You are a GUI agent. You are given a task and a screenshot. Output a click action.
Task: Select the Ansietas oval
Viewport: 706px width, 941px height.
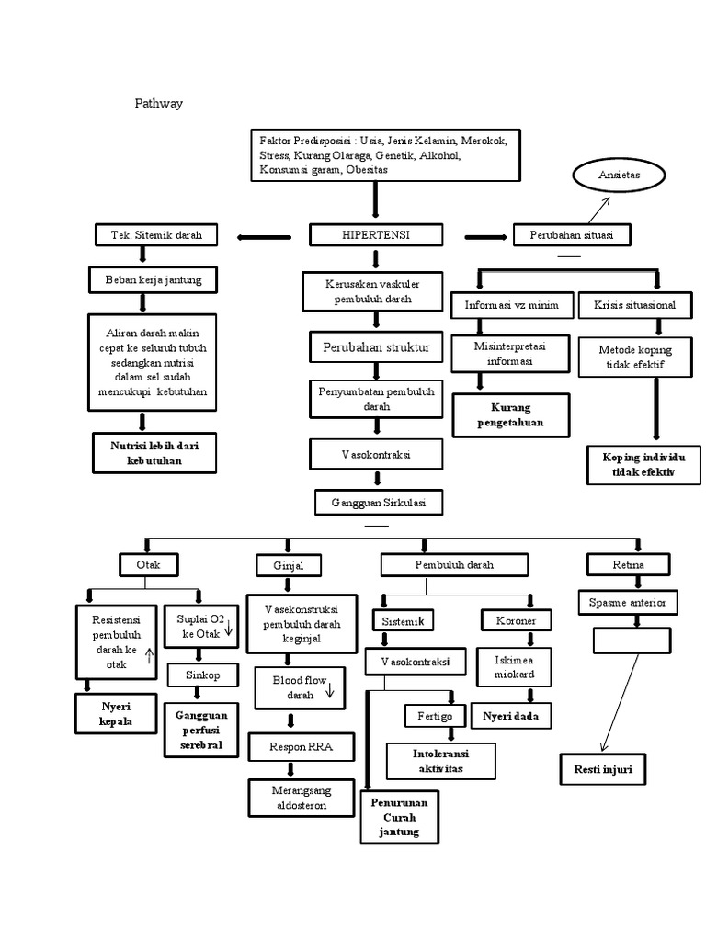pyautogui.click(x=621, y=174)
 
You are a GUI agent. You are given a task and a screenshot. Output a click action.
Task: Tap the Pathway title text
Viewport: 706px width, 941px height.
pyautogui.click(x=159, y=103)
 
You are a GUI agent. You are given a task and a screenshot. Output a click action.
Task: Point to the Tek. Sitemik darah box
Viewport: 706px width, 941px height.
pyautogui.click(x=157, y=235)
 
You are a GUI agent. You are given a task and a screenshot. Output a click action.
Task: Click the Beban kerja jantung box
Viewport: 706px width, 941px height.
pyautogui.click(x=152, y=278)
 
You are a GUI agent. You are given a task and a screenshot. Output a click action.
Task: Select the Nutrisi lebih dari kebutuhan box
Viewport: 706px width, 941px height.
pyautogui.click(x=154, y=453)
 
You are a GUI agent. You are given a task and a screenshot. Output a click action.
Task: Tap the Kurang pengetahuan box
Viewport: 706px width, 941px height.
pyautogui.click(x=510, y=415)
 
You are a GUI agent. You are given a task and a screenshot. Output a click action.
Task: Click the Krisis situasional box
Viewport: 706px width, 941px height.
pyautogui.click(x=635, y=304)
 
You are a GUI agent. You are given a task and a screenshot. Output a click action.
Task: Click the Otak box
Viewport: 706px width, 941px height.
pyautogui.click(x=149, y=564)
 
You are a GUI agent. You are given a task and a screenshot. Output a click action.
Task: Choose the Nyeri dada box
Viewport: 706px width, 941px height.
pyautogui.click(x=510, y=715)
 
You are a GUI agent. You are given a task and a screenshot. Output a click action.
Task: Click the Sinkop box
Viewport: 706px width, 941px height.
pyautogui.click(x=198, y=675)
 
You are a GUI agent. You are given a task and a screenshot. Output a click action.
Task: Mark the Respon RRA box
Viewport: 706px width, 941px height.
pyautogui.click(x=302, y=747)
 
